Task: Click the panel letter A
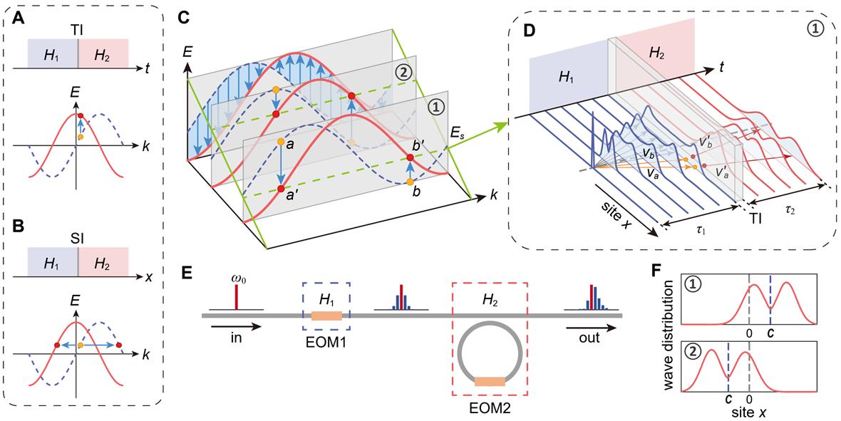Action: tap(14, 13)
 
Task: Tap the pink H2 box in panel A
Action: tap(103, 53)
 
